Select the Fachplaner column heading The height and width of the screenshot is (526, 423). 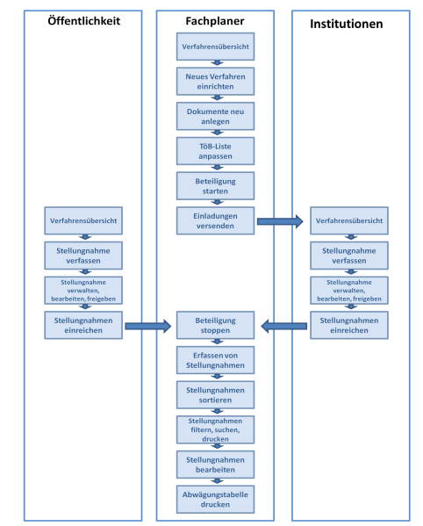tap(216, 20)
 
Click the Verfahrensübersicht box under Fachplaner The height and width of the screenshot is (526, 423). tap(215, 46)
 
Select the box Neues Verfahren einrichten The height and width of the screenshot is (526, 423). tap(215, 81)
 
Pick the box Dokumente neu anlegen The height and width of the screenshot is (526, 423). tap(215, 115)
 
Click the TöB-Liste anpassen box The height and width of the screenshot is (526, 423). tap(215, 150)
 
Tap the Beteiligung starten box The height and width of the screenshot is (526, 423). tap(215, 185)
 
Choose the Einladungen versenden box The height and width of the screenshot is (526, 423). tap(215, 220)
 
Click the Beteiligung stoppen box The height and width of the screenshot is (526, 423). tap(215, 325)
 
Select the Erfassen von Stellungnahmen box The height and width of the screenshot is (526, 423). tap(215, 360)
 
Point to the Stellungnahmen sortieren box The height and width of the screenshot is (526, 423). tap(215, 394)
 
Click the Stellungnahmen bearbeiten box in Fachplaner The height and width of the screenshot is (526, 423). tap(215, 464)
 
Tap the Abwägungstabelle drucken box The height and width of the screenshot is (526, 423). tap(215, 499)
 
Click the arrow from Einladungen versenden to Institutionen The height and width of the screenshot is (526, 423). tap(279, 222)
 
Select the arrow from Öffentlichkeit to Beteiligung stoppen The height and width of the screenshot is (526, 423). tap(147, 327)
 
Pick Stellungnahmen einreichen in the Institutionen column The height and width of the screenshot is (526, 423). tap(348, 325)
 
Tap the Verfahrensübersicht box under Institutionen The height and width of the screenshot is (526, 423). tap(348, 220)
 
